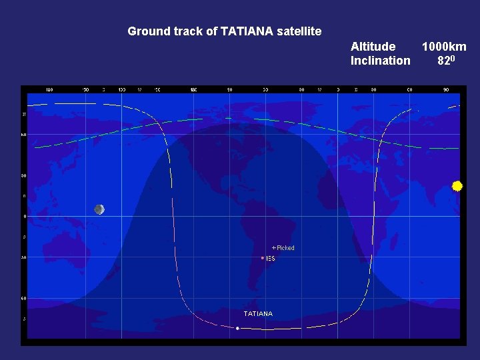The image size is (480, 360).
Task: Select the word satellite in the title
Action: coord(299,31)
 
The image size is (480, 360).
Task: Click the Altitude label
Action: coord(373,47)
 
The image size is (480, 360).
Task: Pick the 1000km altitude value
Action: coord(443,47)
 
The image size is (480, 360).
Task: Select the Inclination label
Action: coord(380,61)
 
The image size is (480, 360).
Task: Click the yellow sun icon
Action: coord(457,186)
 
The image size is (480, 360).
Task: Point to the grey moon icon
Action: coord(99,209)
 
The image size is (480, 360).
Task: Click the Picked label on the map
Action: coord(285,248)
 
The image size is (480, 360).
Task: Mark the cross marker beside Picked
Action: coord(273,248)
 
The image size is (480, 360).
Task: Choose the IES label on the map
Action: coord(270,258)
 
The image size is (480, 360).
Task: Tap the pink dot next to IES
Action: coord(263,258)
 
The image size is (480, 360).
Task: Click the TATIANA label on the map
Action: coord(258,313)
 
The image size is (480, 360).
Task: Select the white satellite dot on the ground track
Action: coord(237,328)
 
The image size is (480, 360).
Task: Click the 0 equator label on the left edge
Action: coord(25,216)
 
